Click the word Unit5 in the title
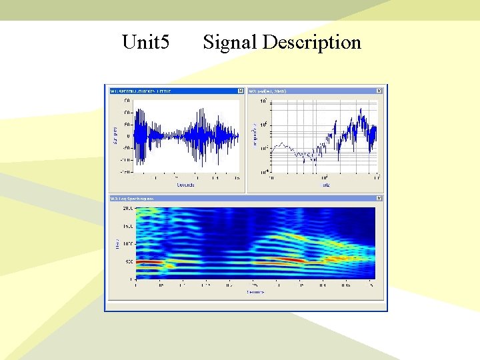[146, 43]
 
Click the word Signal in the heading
[230, 43]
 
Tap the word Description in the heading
[311, 43]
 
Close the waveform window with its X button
[241, 91]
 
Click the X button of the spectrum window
[379, 91]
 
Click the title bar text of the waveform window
[141, 91]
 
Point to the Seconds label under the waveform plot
[185, 185]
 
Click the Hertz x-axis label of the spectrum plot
[325, 185]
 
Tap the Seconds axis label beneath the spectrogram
[255, 291]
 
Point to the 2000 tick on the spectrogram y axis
[127, 208]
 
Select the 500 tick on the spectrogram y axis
[129, 262]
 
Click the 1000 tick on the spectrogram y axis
[127, 244]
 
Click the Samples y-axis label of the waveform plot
[115, 136]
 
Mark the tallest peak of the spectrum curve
[361, 109]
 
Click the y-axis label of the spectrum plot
[254, 136]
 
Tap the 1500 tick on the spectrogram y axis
[127, 226]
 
